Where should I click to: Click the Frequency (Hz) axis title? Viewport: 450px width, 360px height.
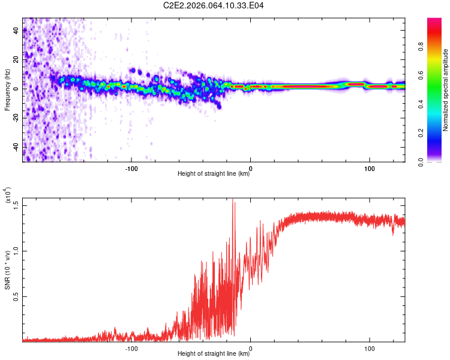pyautogui.click(x=7, y=90)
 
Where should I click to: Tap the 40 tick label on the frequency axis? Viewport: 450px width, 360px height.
pyautogui.click(x=16, y=30)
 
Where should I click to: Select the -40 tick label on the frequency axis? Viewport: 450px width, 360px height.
pyautogui.click(x=16, y=146)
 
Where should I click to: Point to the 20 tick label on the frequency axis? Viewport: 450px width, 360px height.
pyautogui.click(x=16, y=59)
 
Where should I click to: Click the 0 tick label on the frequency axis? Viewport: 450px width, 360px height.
pyautogui.click(x=16, y=88)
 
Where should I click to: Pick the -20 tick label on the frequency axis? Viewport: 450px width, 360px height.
pyautogui.click(x=16, y=118)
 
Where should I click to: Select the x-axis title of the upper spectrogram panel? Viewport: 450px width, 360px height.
pyautogui.click(x=214, y=175)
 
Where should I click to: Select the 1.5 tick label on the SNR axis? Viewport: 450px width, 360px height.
pyautogui.click(x=16, y=205)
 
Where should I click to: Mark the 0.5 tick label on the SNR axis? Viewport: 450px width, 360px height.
pyautogui.click(x=16, y=296)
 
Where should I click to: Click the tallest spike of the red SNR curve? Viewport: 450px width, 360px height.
pyautogui.click(x=233, y=200)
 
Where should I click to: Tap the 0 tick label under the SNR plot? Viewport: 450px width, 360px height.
pyautogui.click(x=250, y=348)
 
